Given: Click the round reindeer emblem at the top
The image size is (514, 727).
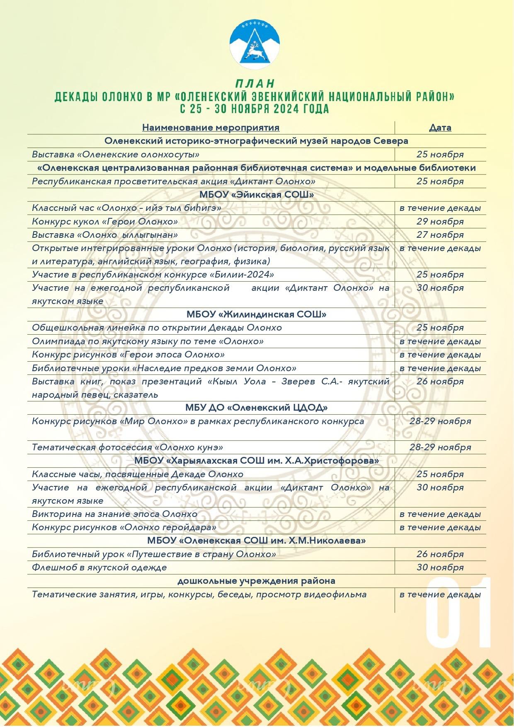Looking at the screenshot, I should pyautogui.click(x=255, y=44).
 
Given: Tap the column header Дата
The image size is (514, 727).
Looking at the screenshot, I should pyautogui.click(x=440, y=128).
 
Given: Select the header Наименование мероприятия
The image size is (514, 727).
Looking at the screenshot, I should pyautogui.click(x=211, y=128).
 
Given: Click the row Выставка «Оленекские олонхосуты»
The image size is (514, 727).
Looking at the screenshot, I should pyautogui.click(x=116, y=155).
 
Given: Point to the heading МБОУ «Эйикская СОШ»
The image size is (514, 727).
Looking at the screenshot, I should pyautogui.click(x=256, y=195).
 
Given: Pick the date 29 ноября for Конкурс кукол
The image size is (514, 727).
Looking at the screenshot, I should pyautogui.click(x=440, y=222).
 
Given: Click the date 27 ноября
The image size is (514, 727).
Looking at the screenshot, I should pyautogui.click(x=440, y=235).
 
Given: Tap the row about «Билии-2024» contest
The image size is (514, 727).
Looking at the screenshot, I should pyautogui.click(x=153, y=275).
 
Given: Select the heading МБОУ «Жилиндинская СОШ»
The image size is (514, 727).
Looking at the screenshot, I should pyautogui.click(x=256, y=314).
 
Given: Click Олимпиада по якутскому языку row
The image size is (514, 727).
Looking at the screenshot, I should pyautogui.click(x=148, y=341).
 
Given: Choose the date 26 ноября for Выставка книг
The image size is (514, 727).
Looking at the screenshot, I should pyautogui.click(x=440, y=382).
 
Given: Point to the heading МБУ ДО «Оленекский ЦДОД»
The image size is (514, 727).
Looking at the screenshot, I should pyautogui.click(x=256, y=408).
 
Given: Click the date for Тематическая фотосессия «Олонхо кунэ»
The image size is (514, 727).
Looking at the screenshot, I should pyautogui.click(x=440, y=447).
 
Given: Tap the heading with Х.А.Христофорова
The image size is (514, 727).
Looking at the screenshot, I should pyautogui.click(x=256, y=461).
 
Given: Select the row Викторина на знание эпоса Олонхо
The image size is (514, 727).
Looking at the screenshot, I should pyautogui.click(x=114, y=514).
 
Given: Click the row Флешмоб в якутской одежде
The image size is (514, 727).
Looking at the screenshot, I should pyautogui.click(x=99, y=568).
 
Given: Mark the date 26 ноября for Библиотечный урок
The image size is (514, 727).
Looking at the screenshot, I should pyautogui.click(x=440, y=554).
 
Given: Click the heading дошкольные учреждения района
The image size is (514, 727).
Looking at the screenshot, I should pyautogui.click(x=256, y=581).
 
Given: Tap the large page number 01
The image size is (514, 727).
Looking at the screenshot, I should pyautogui.click(x=458, y=613).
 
